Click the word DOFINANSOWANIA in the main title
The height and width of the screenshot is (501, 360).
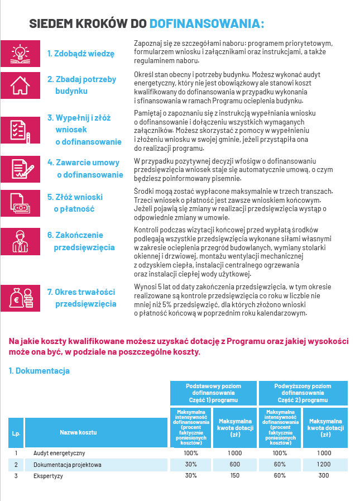click(x=207, y=23)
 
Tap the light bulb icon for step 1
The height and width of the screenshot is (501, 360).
click(x=20, y=53)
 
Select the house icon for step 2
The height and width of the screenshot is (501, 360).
click(x=20, y=85)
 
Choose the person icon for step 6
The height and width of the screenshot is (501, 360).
click(x=20, y=241)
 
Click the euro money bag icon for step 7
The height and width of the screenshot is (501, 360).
click(x=20, y=298)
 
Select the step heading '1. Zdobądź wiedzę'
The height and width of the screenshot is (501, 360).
click(x=80, y=54)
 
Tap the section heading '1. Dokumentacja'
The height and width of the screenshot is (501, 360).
click(x=39, y=370)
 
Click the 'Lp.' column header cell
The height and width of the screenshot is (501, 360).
click(x=16, y=432)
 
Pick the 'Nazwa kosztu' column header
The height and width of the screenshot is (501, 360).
click(x=79, y=432)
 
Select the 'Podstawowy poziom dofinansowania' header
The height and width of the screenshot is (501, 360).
click(x=214, y=393)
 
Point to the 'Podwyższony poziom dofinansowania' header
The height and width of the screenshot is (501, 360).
click(x=303, y=393)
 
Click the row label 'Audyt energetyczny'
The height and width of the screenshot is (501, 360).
click(x=59, y=453)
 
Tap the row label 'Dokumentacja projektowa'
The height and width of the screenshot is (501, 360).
click(x=68, y=464)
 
